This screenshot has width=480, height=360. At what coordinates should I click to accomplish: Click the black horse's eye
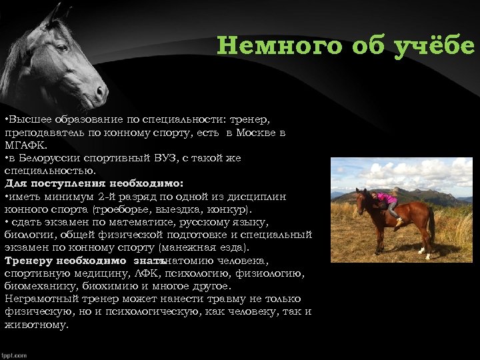(x=61, y=48)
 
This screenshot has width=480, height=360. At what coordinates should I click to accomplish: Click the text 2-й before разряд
(x=107, y=195)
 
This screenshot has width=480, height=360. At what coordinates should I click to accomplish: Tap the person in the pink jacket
(x=385, y=201)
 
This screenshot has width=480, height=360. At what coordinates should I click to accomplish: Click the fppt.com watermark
(x=14, y=355)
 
